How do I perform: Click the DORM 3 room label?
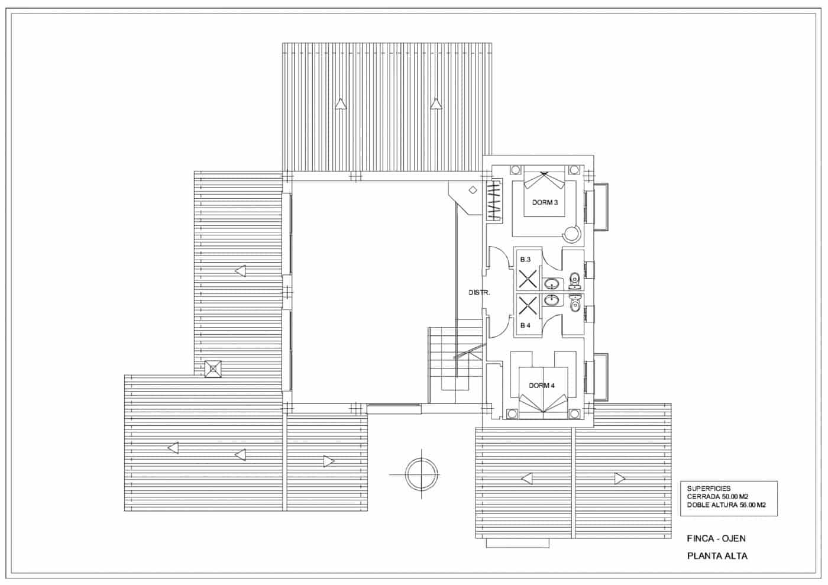tap(545, 202)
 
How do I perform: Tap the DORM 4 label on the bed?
tap(542, 386)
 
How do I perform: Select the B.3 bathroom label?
tap(525, 260)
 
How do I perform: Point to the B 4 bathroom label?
tap(525, 325)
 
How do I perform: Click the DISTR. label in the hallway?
tap(479, 293)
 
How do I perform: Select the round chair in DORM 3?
tap(571, 235)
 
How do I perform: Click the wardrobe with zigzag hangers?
tap(493, 202)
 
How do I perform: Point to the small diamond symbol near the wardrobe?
tap(473, 190)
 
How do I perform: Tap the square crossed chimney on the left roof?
tap(213, 369)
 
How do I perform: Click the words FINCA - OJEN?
tap(716, 538)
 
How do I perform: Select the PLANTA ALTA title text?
tap(717, 556)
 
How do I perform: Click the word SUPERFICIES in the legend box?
tap(709, 489)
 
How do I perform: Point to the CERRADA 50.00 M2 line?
tap(717, 497)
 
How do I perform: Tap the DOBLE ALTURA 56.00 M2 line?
tap(726, 505)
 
